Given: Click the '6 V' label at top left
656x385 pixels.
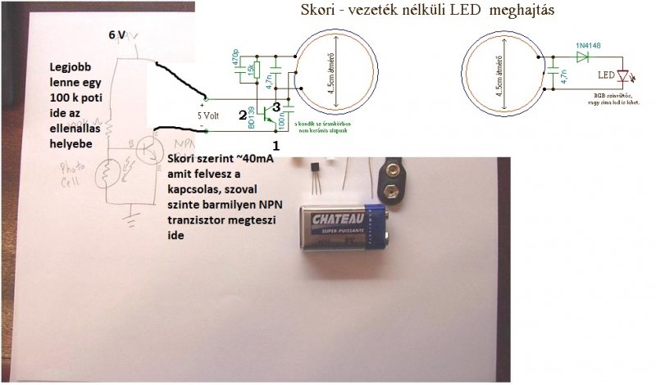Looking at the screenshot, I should coord(119,36).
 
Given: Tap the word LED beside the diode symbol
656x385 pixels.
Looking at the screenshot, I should coord(606,76).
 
